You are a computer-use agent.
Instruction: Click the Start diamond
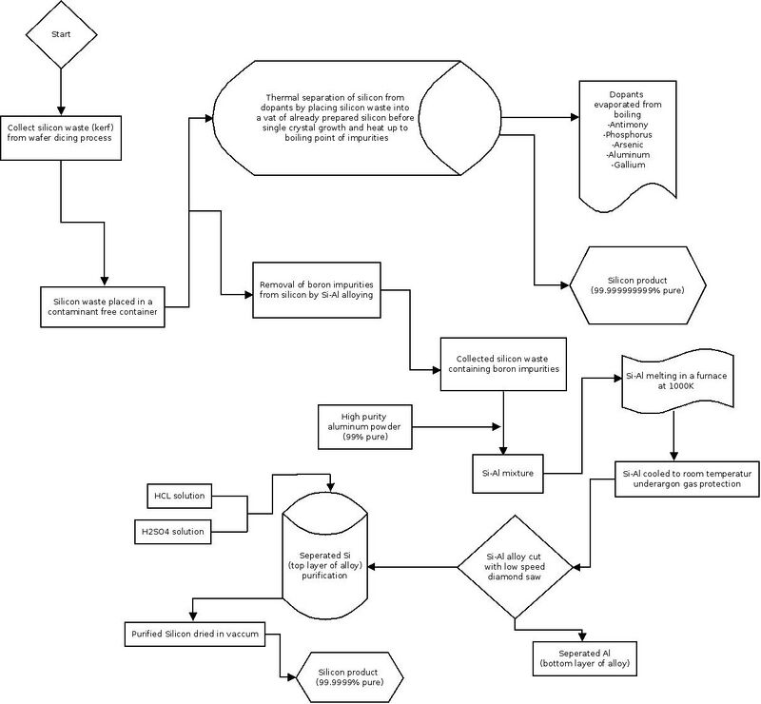point(61,34)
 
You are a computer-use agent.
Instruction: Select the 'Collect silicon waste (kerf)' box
point(61,138)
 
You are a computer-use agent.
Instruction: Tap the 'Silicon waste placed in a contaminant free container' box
point(103,306)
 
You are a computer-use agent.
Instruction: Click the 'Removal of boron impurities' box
point(317,290)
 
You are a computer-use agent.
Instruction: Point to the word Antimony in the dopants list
point(628,125)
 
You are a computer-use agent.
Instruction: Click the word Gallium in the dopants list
point(628,166)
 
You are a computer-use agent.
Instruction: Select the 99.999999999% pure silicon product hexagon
point(637,285)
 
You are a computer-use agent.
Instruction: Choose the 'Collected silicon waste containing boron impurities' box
point(503,364)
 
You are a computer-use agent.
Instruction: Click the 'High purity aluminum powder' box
point(365,427)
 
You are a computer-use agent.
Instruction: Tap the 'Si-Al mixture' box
point(508,474)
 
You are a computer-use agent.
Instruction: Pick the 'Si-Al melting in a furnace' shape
point(677,381)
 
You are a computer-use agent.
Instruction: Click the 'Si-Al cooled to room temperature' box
point(687,479)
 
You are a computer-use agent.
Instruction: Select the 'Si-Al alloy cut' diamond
point(515,567)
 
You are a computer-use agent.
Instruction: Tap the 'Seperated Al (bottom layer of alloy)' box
point(585,659)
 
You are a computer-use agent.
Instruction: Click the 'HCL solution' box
point(180,496)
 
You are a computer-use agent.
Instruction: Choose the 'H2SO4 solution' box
point(173,532)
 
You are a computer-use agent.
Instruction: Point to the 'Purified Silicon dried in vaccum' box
point(195,635)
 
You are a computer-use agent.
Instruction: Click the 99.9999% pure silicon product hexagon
point(349,677)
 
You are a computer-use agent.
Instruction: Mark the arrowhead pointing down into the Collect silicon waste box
point(61,109)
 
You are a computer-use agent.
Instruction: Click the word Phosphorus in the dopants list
point(628,134)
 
